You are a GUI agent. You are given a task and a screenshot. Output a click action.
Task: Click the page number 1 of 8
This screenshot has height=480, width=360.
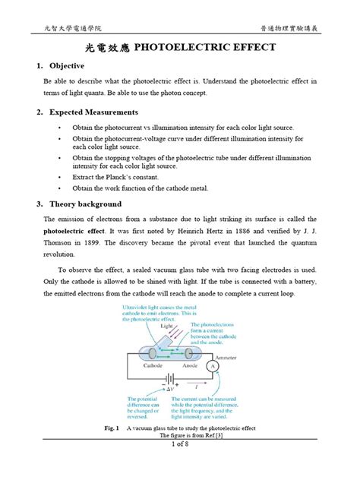click(x=180, y=465)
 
